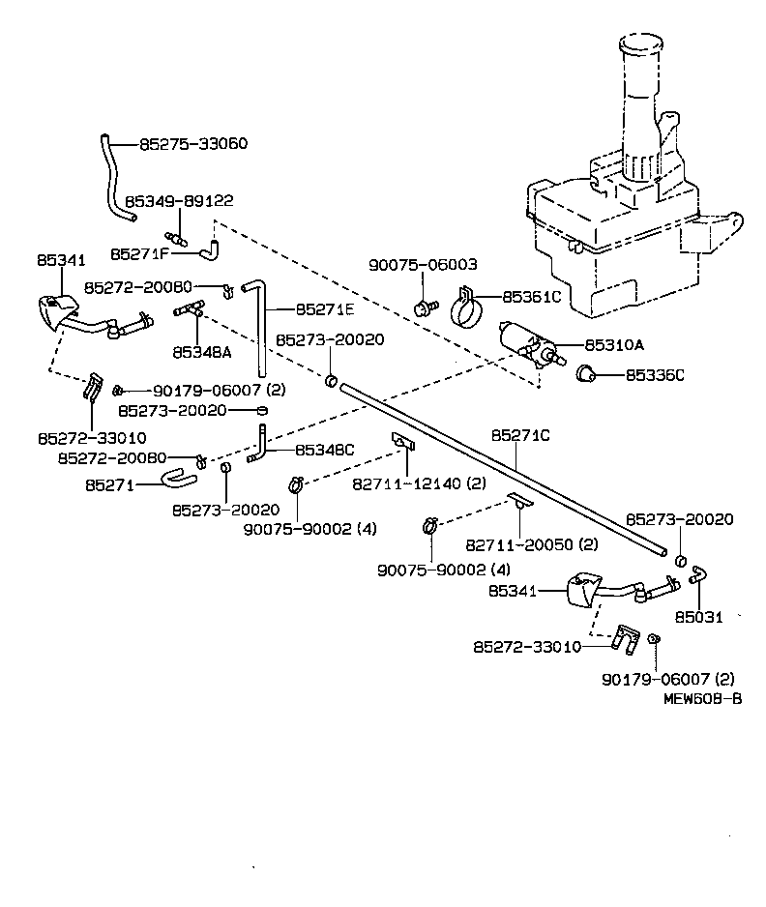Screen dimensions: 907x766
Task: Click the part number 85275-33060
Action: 193,144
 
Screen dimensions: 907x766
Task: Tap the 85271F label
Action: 140,253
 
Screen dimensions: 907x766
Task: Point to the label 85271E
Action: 326,309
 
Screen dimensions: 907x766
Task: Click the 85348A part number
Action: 202,352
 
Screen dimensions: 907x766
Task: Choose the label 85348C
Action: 324,450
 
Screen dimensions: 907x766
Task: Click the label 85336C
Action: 654,374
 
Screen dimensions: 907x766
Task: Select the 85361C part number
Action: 531,297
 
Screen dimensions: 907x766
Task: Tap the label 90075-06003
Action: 423,264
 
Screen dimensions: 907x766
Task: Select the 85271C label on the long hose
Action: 519,436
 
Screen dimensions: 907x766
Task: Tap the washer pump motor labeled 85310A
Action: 527,343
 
